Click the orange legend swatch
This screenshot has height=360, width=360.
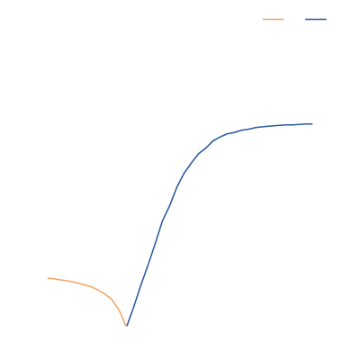point(274,19)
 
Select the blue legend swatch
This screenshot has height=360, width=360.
point(316,19)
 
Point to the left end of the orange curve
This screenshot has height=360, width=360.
point(49,278)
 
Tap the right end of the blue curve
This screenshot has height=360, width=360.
point(312,123)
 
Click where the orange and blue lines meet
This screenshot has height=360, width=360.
point(127,325)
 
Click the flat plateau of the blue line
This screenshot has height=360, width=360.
point(279,126)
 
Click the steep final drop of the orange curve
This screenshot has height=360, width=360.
point(121,312)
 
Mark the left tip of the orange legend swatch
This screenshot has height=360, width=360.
point(264,19)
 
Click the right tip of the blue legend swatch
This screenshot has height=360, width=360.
point(326,19)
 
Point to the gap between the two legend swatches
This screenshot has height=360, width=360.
point(295,19)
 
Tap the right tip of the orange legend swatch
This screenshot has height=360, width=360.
point(283,19)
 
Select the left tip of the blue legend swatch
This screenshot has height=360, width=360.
point(306,19)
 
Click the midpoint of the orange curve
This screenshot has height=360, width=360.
point(90,286)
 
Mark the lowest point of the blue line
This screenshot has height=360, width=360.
point(127,324)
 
